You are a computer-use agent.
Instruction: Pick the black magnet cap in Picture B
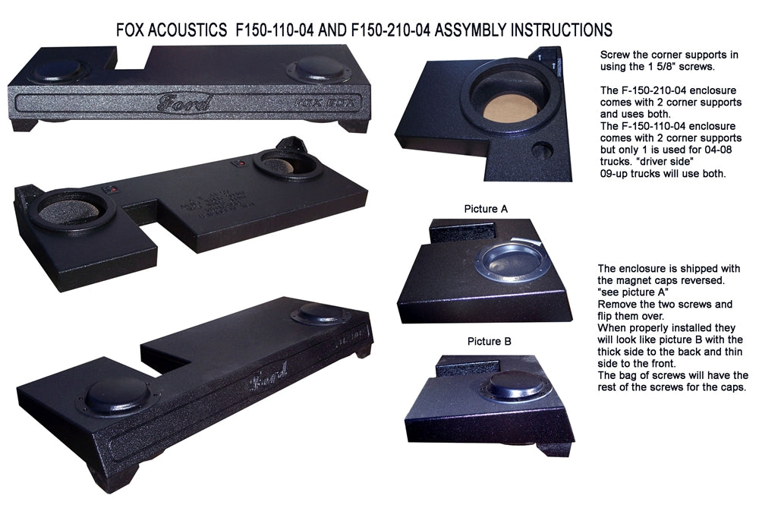(516, 384)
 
